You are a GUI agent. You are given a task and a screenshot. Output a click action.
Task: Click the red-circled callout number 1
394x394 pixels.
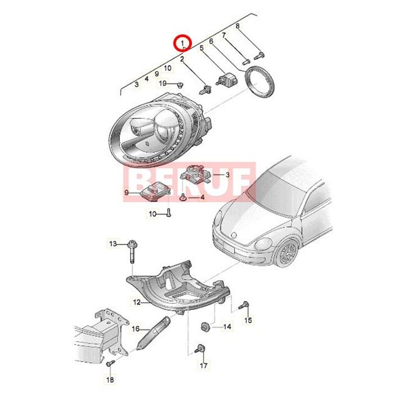click(183, 43)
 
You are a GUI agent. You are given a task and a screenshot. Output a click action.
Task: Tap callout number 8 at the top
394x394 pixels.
click(238, 26)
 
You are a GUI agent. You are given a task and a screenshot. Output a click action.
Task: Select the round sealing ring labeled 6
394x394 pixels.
click(259, 82)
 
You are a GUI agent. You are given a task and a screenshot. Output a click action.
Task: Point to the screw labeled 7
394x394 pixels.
click(245, 61)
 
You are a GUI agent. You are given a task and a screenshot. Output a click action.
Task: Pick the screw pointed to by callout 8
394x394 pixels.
click(259, 56)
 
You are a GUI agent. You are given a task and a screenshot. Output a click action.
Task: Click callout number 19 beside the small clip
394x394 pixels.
click(163, 83)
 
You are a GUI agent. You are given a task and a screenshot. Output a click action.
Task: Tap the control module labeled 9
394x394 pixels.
click(155, 191)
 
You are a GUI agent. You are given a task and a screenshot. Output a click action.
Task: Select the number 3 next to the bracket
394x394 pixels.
click(227, 174)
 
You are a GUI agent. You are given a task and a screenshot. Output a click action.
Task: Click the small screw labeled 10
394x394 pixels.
click(169, 213)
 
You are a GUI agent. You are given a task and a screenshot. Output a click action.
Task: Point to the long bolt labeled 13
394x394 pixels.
click(132, 252)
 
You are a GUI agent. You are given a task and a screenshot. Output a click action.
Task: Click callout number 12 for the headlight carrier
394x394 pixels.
click(137, 302)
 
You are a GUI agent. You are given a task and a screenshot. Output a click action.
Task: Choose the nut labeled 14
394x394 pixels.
click(205, 326)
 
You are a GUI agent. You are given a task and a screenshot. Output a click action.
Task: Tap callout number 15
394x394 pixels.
click(248, 320)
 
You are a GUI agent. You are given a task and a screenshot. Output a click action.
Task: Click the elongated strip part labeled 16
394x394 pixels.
click(153, 333)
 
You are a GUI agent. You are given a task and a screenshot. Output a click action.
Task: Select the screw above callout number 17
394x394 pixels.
click(200, 348)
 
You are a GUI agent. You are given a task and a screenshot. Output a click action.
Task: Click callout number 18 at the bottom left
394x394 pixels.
click(110, 379)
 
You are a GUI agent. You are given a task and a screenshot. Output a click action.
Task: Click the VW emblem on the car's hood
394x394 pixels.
click(234, 235)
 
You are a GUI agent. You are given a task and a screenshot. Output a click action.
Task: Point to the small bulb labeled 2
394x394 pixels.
click(205, 89)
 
